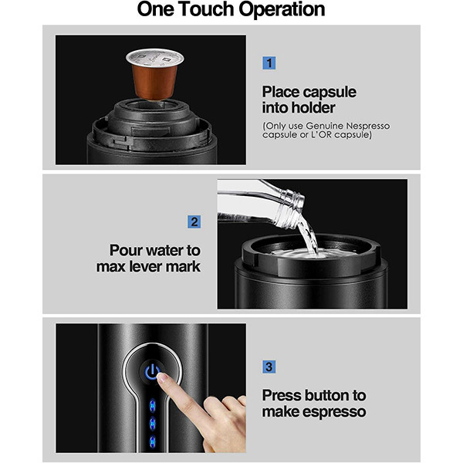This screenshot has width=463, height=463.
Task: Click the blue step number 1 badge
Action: click(x=269, y=63)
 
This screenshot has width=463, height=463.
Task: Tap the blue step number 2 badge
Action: click(x=194, y=221)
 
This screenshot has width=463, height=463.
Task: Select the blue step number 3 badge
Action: click(x=269, y=367)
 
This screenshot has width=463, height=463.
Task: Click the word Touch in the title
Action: click(x=206, y=9)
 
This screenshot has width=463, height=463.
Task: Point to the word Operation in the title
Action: click(x=282, y=10)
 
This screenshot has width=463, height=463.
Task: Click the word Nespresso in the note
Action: click(x=367, y=126)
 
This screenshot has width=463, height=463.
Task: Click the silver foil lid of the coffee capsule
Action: click(x=155, y=58)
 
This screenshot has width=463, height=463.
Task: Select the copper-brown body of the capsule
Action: click(x=155, y=82)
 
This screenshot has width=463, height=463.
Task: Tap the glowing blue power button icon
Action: click(x=151, y=371)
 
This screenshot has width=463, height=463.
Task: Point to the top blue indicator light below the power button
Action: click(x=152, y=405)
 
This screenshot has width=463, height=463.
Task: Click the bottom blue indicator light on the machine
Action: click(x=152, y=442)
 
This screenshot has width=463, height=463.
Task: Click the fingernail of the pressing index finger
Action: click(x=162, y=377)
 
